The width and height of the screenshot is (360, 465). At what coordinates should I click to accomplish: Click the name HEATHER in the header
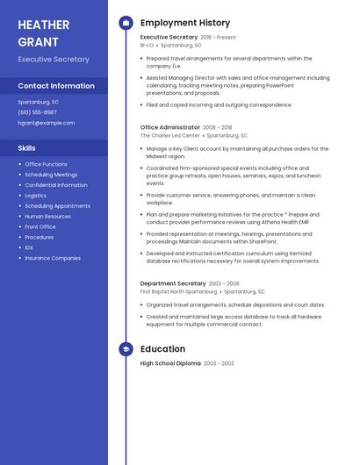tap(43, 25)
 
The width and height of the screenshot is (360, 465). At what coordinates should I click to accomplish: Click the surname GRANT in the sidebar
tap(38, 41)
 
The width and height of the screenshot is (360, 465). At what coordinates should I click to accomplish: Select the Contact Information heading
tap(56, 86)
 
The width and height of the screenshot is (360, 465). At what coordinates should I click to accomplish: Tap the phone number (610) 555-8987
tap(37, 112)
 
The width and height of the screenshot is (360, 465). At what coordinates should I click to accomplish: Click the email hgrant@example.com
tap(47, 123)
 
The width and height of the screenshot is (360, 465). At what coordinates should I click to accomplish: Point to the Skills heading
tap(27, 148)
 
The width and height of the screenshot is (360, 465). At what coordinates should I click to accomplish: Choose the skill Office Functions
tap(46, 164)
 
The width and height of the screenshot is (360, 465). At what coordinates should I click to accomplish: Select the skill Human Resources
tap(47, 216)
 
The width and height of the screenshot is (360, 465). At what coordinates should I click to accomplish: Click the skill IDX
tap(29, 247)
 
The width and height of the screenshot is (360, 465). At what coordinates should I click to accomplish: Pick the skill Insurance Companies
tap(53, 258)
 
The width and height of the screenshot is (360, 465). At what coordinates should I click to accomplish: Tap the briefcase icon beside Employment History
tap(126, 23)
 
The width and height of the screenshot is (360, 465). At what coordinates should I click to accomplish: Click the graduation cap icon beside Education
tap(126, 349)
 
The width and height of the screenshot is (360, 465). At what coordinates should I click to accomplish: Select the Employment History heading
tap(185, 23)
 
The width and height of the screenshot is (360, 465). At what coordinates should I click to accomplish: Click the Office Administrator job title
tap(170, 127)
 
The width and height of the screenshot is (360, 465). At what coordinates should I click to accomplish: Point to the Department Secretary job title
tap(173, 283)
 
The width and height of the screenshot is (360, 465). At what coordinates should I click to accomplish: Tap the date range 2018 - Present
tap(218, 38)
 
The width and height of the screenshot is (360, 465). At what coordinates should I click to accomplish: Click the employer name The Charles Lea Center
tap(170, 136)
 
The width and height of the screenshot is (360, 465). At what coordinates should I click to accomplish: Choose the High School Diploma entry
tap(170, 363)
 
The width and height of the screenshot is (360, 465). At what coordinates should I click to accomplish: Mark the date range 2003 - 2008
tap(224, 283)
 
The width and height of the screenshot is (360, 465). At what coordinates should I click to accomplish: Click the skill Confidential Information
tap(56, 185)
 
